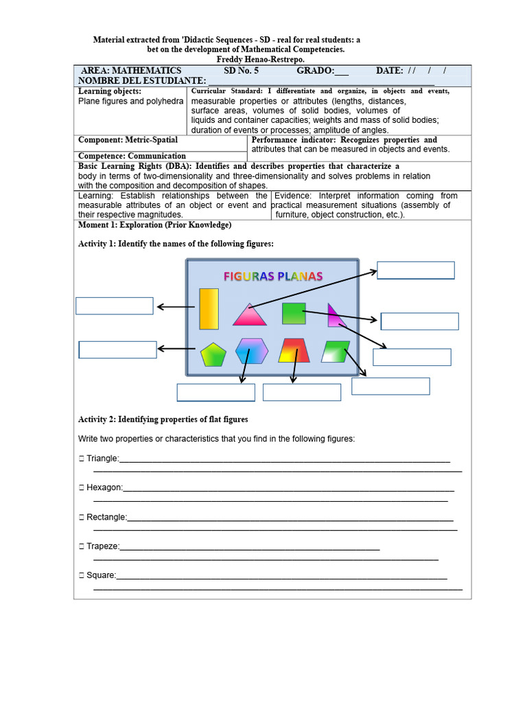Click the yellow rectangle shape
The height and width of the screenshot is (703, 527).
[209, 309]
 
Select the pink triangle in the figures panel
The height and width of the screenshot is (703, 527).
[249, 316]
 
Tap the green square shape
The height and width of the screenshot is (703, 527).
[294, 313]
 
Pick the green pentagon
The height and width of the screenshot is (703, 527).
[213, 354]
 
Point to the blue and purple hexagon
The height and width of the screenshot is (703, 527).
[252, 351]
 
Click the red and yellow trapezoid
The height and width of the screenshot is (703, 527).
[294, 351]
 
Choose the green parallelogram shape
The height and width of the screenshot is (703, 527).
[336, 351]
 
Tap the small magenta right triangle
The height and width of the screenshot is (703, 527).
[333, 316]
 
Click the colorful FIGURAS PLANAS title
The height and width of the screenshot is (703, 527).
[273, 276]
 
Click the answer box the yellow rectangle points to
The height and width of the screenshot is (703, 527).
[114, 306]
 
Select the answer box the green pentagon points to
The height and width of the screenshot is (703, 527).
[117, 349]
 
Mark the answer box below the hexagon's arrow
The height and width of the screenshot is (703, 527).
[215, 392]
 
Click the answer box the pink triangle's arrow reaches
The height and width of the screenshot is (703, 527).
[416, 270]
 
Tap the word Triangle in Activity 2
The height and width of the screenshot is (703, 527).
[102, 459]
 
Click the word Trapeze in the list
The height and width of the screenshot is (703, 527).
[102, 546]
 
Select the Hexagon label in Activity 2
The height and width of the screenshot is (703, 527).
[104, 487]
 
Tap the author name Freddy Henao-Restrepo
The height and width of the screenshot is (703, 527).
[260, 60]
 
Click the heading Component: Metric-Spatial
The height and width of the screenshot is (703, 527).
[128, 140]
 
